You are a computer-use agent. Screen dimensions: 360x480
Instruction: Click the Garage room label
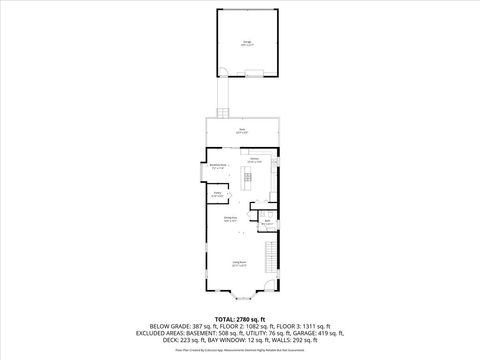tap(247, 43)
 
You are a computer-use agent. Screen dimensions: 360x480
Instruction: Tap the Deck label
tap(241, 131)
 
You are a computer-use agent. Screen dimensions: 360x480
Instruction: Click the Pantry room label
tap(217, 195)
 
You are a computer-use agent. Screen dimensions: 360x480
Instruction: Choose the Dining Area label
tap(230, 218)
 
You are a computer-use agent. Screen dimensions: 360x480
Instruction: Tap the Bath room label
tap(267, 223)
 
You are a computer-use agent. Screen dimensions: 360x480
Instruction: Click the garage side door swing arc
tap(229, 71)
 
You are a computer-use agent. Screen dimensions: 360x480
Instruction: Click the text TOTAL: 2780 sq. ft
tap(240, 319)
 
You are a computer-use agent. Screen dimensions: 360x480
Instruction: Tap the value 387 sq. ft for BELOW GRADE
tap(206, 327)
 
